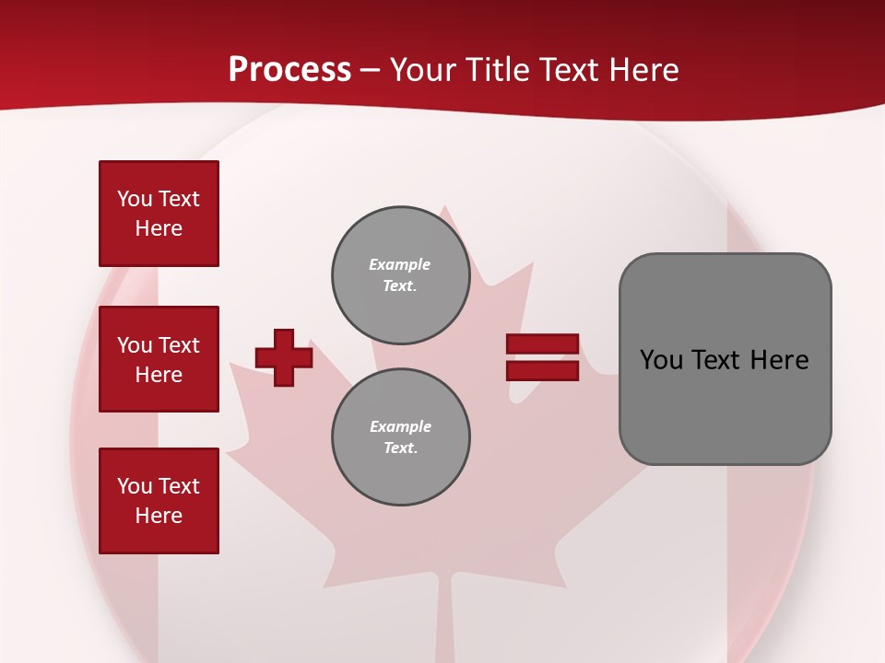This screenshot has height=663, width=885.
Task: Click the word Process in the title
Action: pos(289,69)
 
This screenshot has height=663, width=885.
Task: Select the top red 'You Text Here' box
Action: pos(159,214)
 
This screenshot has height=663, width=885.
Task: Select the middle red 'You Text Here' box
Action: pos(159,359)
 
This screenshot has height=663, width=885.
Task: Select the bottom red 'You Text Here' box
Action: pos(159,501)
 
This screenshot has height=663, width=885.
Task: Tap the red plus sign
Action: pos(284,357)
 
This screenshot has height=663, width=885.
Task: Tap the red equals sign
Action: pos(542,357)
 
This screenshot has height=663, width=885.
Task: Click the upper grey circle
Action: pos(400,275)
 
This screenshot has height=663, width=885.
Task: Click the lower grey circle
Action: pos(400,437)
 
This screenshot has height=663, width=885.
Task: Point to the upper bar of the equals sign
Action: pos(542,344)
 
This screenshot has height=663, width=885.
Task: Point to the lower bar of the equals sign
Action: pos(542,371)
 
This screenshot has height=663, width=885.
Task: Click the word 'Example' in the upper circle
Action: pos(400,264)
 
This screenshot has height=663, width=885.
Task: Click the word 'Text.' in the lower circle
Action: pos(400,448)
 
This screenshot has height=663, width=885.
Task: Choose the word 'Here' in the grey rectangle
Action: pos(780,360)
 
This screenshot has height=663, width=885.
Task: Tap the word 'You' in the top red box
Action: pos(135,199)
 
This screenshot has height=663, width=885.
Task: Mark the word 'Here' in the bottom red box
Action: pos(159,516)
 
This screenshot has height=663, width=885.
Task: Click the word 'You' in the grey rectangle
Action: pos(661,360)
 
